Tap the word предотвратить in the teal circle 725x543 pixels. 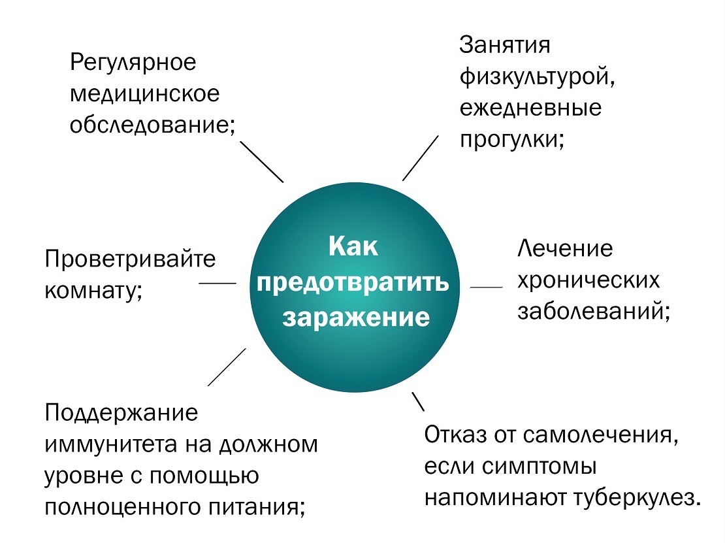[x=353, y=283]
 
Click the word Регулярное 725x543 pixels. [x=133, y=63]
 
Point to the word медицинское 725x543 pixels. [x=145, y=93]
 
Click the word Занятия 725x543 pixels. [x=505, y=46]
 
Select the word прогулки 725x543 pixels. [x=511, y=138]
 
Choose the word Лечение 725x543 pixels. [x=566, y=250]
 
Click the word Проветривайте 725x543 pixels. [x=130, y=259]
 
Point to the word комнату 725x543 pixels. [x=93, y=290]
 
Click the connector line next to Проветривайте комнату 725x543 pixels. [x=217, y=283]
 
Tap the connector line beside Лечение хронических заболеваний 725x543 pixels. [x=487, y=287]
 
